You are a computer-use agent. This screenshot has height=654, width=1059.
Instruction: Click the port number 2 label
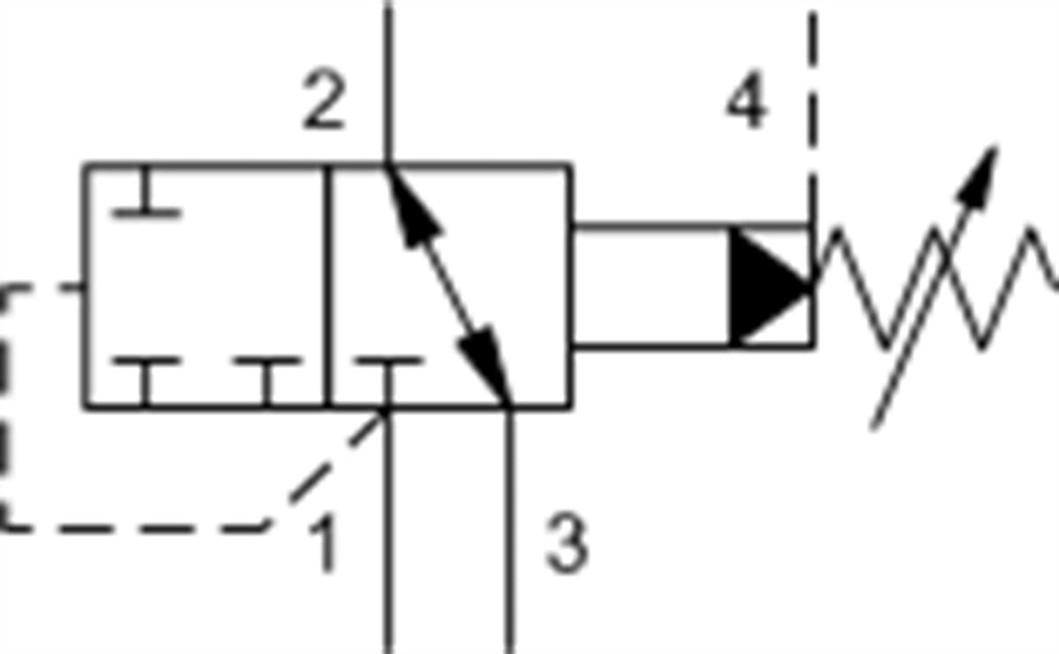[324, 101]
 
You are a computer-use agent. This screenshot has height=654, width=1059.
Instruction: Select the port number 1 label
[324, 544]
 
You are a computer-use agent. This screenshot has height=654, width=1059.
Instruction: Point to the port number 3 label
[567, 544]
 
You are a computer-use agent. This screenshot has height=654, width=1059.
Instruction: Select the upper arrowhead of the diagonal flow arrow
[411, 206]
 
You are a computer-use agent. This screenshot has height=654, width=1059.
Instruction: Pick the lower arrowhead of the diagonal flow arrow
[487, 366]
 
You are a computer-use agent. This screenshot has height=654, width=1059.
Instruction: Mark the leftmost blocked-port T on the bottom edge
[146, 381]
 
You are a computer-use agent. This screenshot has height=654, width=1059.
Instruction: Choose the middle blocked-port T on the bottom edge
[267, 381]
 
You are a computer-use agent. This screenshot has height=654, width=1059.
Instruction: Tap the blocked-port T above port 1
[388, 381]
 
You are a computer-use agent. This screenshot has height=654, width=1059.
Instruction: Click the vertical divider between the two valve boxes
[327, 287]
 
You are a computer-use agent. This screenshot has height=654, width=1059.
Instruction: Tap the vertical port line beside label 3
[508, 530]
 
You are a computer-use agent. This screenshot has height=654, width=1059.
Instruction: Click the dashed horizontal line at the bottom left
[132, 529]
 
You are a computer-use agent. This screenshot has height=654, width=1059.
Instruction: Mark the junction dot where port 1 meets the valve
[386, 410]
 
